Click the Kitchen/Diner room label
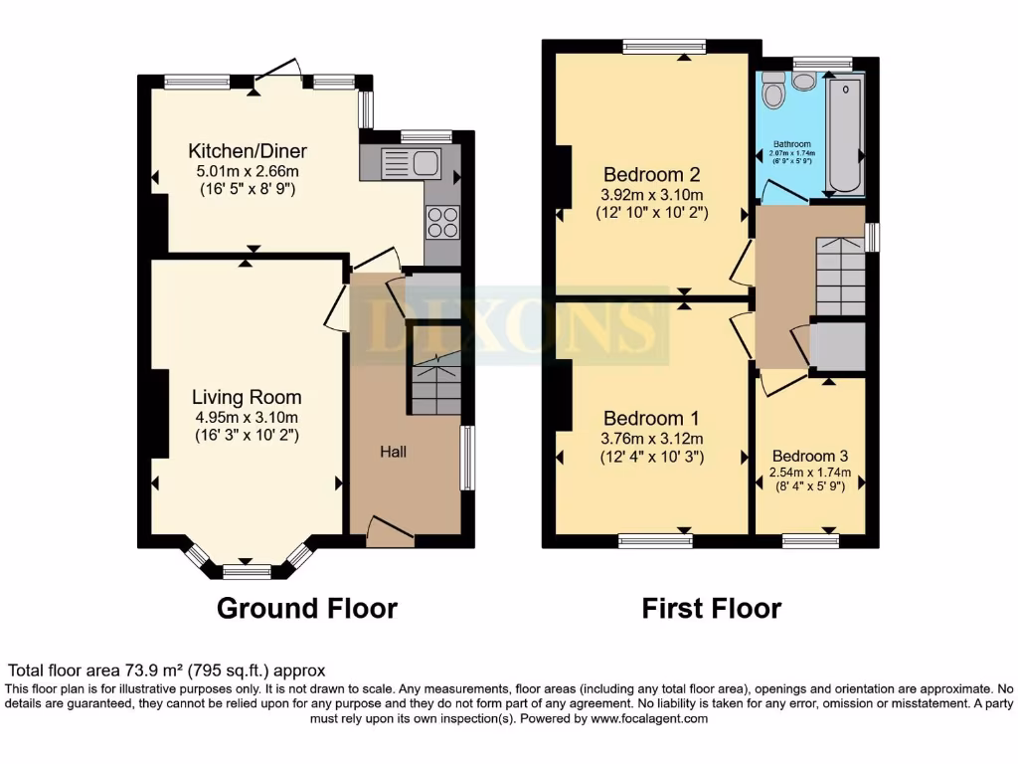point(248,151)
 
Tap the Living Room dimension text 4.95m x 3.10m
point(246,417)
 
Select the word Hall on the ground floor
point(394,452)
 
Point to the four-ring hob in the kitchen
point(442,222)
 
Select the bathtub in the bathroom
point(845,134)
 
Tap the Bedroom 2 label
point(651,175)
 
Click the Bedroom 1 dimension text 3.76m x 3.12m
point(651,439)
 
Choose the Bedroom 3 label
point(809,457)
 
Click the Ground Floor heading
point(306,608)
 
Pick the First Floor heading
point(711,608)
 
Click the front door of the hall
point(390,533)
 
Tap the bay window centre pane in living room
point(246,571)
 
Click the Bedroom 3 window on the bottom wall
point(809,540)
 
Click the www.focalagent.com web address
point(648,718)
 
